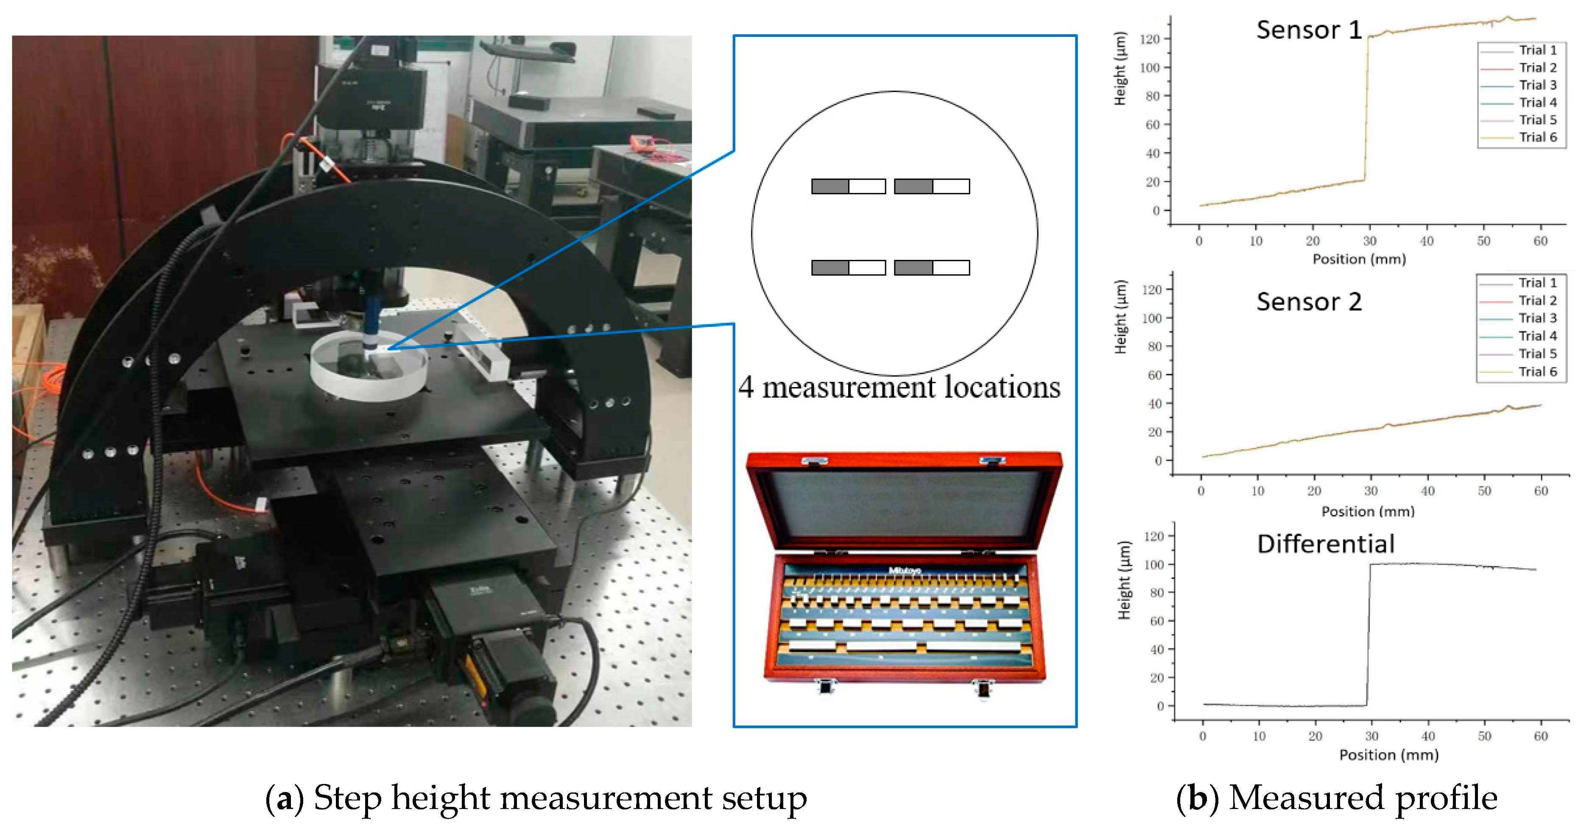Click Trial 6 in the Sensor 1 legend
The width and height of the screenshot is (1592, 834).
[x=1538, y=137]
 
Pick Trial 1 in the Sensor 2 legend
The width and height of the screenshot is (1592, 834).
[x=1538, y=283]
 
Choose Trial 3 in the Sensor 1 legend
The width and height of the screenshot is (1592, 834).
[x=1538, y=85]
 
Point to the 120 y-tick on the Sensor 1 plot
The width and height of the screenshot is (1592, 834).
[x=1150, y=39]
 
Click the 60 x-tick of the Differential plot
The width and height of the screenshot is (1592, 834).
[x=1541, y=736]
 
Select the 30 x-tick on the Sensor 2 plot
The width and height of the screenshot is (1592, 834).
[x=1371, y=491]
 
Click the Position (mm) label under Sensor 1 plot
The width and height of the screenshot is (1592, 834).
[x=1359, y=259]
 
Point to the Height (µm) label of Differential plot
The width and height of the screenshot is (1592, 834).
[x=1124, y=581]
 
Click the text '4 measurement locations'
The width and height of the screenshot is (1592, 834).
[x=899, y=388]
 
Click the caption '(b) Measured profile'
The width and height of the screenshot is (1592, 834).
[x=1336, y=798]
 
